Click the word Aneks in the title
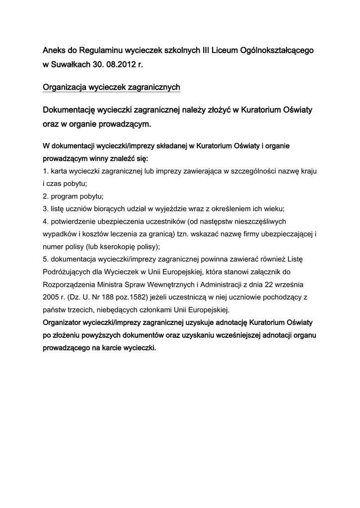(x=54, y=51)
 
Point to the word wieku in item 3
(x=272, y=208)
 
